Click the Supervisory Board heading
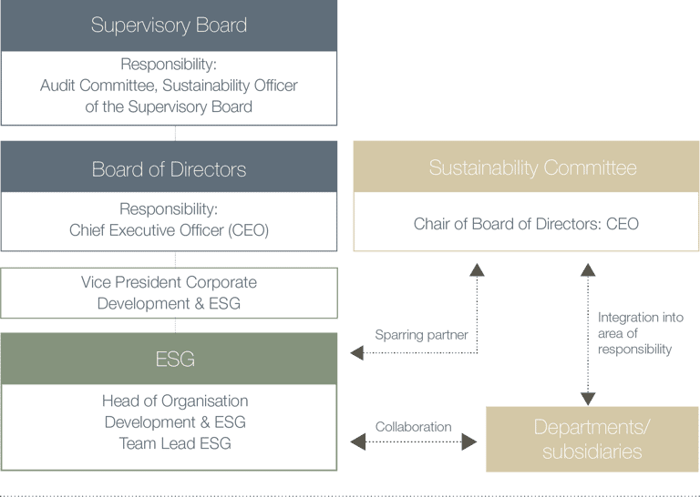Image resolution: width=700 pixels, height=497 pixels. pos(169,25)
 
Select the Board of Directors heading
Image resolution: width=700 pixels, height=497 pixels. pos(169,169)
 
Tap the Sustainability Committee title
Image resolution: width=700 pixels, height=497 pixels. pos(532,167)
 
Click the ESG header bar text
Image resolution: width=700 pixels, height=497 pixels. pos(175,360)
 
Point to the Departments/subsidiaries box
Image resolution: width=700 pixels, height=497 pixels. pos(592,439)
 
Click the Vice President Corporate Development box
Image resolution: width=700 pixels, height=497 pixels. pos(169,293)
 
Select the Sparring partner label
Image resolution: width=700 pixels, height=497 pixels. pos(421,335)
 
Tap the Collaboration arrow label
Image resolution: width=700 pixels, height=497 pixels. pos(413,427)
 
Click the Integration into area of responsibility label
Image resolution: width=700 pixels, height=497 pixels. pos(640,333)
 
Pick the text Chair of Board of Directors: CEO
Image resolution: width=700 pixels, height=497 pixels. pos(526,224)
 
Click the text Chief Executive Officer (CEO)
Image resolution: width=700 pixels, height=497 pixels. pos(169,231)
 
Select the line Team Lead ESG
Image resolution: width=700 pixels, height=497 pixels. pos(174,443)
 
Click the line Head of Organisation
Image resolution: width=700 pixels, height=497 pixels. pos(174,401)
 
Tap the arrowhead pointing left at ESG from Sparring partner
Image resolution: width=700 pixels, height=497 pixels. pos(357,353)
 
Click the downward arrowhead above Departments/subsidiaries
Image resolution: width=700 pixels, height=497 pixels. pos(588,399)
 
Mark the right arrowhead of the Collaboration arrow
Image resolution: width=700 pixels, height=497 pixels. pos(470,442)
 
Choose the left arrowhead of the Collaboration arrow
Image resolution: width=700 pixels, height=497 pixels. pos(357,442)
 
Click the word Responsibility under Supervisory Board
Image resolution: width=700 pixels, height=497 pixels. pos(169,66)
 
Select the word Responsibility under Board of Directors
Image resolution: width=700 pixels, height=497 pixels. pos(169,208)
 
